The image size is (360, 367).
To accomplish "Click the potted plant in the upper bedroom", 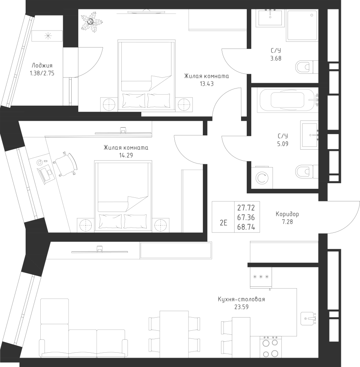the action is click(x=91, y=22).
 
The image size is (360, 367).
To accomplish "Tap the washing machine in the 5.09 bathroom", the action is click(x=262, y=178).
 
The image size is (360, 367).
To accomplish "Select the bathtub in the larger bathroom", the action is click(x=288, y=100).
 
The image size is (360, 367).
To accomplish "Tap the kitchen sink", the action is click(x=308, y=318).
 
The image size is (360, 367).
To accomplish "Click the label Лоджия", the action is click(x=42, y=66).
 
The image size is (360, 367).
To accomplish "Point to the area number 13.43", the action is click(x=206, y=84).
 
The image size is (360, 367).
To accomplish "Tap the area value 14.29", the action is click(x=126, y=155).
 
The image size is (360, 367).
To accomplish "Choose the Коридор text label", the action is click(x=287, y=214).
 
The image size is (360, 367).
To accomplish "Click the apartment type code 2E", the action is click(x=224, y=223).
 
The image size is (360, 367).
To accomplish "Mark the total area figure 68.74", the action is click(x=246, y=227).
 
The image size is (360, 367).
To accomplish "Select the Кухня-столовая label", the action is click(x=241, y=299).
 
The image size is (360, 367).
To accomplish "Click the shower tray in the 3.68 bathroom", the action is click(x=303, y=25).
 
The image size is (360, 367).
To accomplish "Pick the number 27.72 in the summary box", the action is click(x=246, y=208).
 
